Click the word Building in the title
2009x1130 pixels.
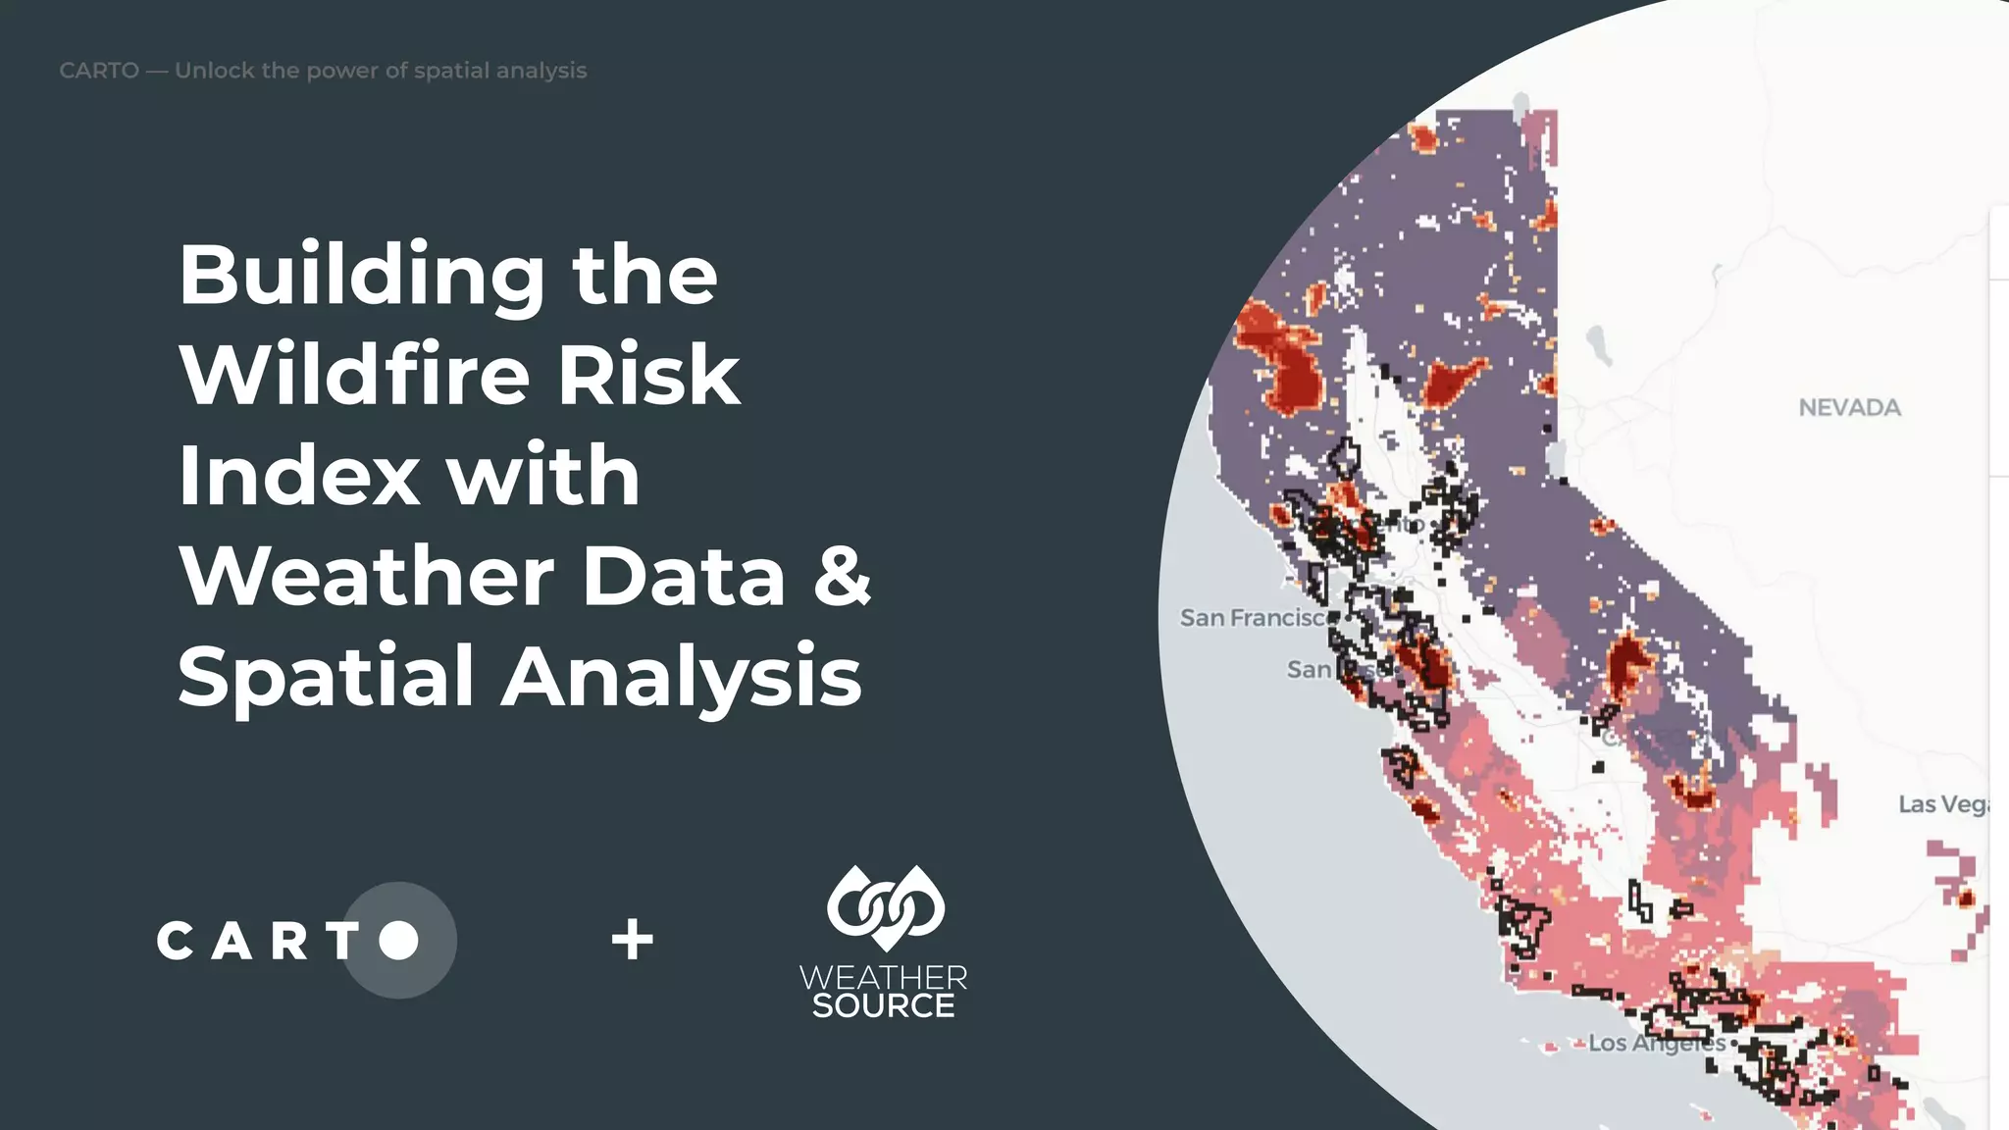361,276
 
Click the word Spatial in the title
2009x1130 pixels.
326,677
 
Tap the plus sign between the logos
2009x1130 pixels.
633,940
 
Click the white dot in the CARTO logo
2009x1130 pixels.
398,940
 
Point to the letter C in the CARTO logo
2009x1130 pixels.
175,942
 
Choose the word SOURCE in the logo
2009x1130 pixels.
883,1006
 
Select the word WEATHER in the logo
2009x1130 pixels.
883,977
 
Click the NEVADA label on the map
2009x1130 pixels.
1849,408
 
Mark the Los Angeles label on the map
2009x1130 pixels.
1656,1044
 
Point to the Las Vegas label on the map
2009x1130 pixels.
1942,805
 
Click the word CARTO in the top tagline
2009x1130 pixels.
99,71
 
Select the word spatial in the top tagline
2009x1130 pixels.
450,71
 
